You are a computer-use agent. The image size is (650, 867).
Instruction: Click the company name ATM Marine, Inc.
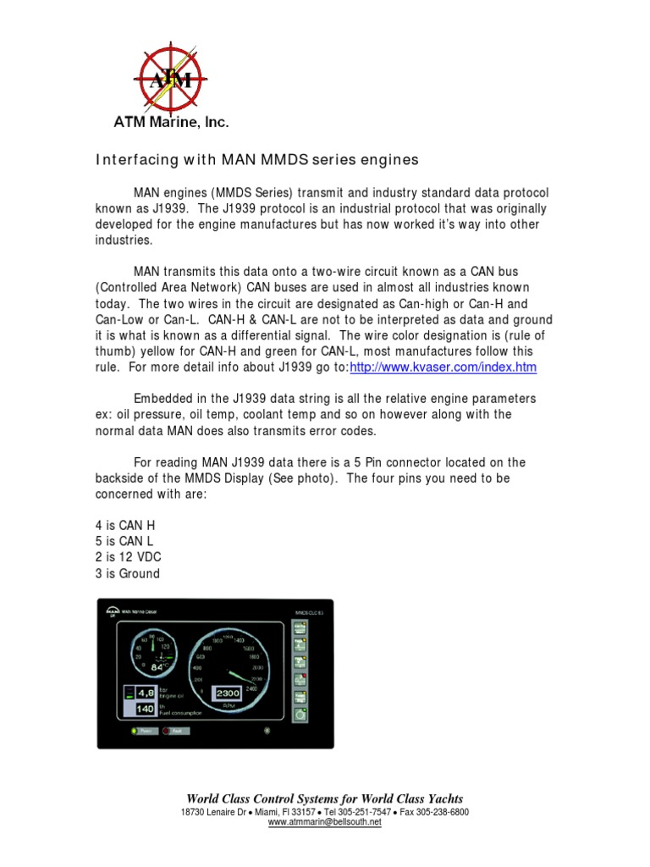pos(172,122)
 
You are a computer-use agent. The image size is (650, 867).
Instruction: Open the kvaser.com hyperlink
pos(443,367)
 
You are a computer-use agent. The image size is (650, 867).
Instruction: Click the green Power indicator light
pos(134,731)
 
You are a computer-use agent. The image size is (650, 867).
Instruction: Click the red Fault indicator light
pos(167,731)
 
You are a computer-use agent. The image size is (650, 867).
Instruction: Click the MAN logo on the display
pos(112,609)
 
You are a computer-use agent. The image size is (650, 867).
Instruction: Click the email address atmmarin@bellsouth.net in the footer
pos(325,822)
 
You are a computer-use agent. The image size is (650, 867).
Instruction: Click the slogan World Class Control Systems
pos(325,798)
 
